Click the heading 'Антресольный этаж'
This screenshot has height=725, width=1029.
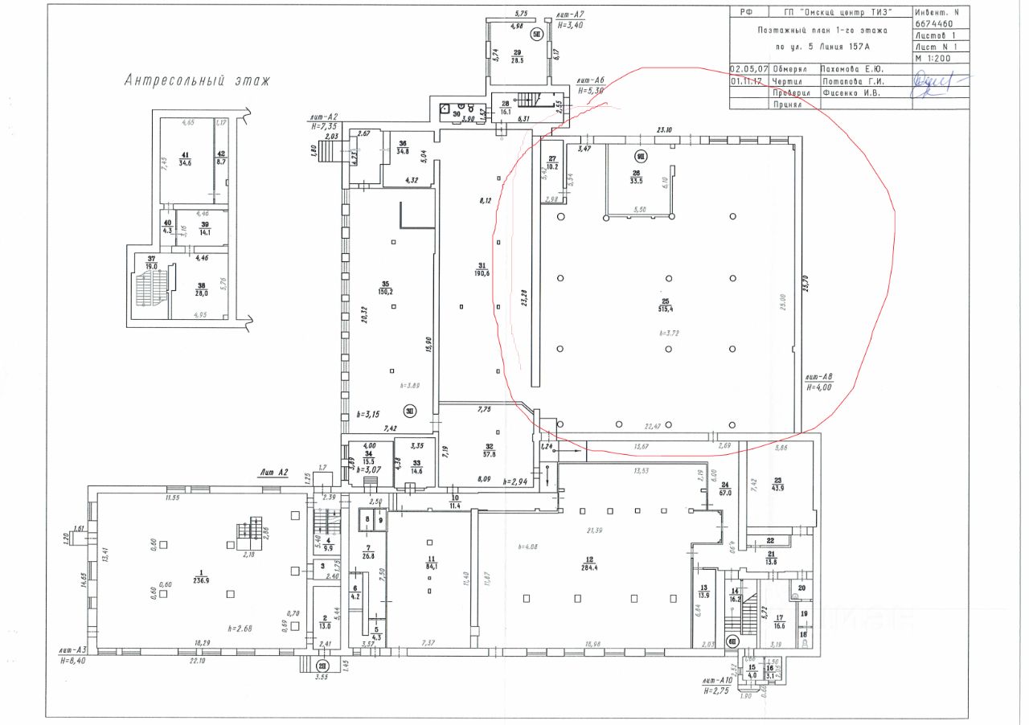click(197, 80)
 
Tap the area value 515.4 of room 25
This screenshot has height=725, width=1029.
click(663, 309)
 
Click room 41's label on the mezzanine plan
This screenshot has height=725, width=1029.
click(185, 159)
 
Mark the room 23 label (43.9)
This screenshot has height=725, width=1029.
click(778, 485)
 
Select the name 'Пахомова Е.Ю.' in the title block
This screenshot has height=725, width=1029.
click(851, 70)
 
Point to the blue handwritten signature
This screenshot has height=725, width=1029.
click(937, 83)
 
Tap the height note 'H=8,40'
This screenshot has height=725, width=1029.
click(75, 659)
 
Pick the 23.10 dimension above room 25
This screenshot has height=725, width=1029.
click(663, 129)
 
